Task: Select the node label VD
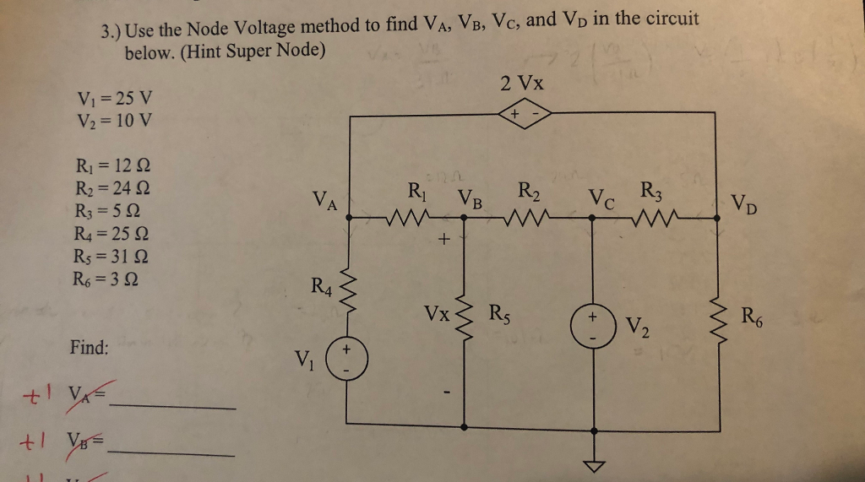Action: pyautogui.click(x=745, y=203)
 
